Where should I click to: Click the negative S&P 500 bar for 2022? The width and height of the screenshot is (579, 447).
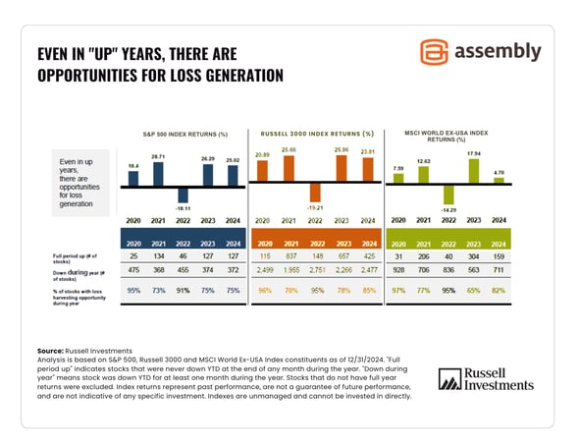pos(183,195)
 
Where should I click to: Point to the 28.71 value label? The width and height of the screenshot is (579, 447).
pos(157,156)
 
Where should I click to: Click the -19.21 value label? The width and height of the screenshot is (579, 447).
pos(316,208)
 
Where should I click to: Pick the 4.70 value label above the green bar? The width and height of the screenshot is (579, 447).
pos(498,173)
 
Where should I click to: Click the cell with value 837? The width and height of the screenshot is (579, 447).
pos(290,257)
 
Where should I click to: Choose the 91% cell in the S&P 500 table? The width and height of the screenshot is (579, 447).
pos(183,291)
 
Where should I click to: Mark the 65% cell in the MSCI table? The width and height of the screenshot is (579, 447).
pos(473,291)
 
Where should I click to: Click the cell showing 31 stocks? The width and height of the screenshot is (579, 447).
pos(398,257)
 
